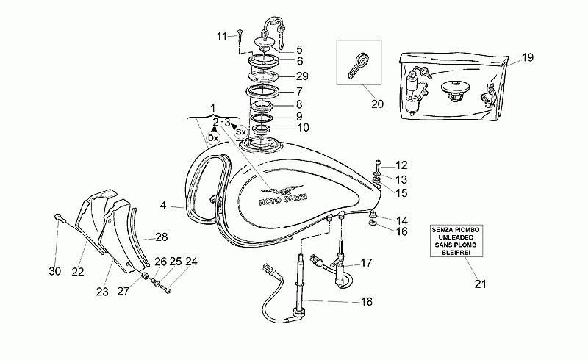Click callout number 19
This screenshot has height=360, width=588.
[527, 57]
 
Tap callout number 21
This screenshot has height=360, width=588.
[480, 284]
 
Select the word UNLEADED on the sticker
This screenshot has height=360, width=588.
[456, 237]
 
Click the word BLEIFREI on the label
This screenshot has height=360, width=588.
[456, 253]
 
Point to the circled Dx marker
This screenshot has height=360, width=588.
[213, 138]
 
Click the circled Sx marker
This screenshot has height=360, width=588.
[240, 132]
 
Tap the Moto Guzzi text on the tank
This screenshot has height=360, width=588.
[283, 200]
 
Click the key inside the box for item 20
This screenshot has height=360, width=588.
[359, 65]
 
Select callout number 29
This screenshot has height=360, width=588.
[302, 76]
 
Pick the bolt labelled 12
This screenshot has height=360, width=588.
[378, 165]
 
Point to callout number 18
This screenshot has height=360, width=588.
[366, 301]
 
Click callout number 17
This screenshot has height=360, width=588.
[366, 262]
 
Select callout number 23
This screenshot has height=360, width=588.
[102, 292]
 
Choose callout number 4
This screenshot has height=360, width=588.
[162, 206]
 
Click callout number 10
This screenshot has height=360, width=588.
[303, 128]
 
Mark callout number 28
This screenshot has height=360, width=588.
[162, 237]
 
